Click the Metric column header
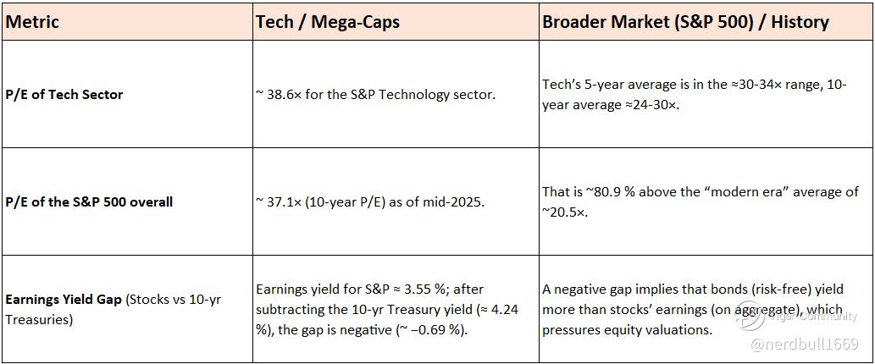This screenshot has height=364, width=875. pos(32,22)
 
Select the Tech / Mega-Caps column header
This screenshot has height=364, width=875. pos(328,22)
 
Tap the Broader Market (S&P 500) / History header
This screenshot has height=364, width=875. pos(686,22)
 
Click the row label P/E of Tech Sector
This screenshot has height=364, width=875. pos(64,94)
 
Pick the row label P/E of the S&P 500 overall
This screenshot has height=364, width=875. pos(89,201)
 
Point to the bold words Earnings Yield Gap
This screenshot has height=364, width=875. pos(64,300)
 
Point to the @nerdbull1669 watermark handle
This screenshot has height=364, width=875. pos(804,345)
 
